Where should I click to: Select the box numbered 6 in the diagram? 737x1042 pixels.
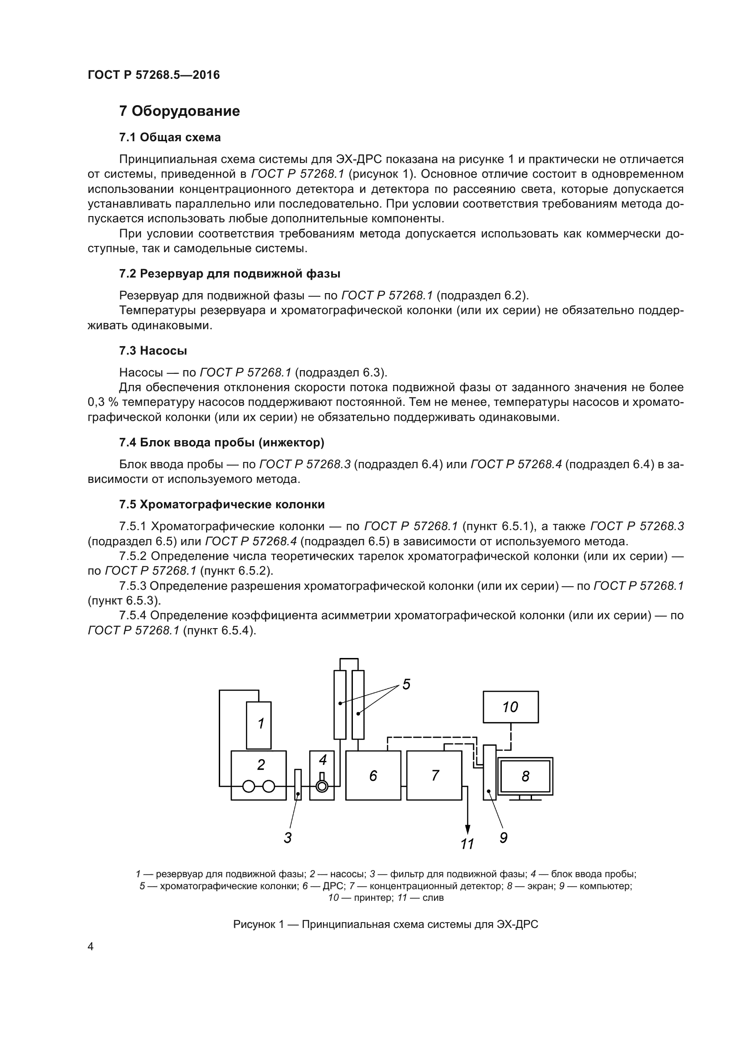pyautogui.click(x=373, y=775)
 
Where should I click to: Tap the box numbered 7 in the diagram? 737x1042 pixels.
pyautogui.click(x=434, y=775)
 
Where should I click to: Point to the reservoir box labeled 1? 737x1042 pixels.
pyautogui.click(x=259, y=725)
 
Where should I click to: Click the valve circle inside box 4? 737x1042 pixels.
pyautogui.click(x=322, y=786)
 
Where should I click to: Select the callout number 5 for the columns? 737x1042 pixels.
pyautogui.click(x=406, y=684)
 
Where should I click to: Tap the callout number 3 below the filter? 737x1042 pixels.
pyautogui.click(x=287, y=838)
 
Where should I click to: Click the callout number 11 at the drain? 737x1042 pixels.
pyautogui.click(x=467, y=844)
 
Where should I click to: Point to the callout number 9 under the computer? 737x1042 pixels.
pyautogui.click(x=503, y=838)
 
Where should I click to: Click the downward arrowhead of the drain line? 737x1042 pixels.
pyautogui.click(x=467, y=829)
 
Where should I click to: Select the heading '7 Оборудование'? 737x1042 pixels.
pyautogui.click(x=179, y=111)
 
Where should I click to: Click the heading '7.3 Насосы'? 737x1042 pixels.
pyautogui.click(x=153, y=350)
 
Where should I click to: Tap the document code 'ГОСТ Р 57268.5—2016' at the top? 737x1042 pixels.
pyautogui.click(x=153, y=75)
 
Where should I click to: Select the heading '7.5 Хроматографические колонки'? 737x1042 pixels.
pyautogui.click(x=222, y=504)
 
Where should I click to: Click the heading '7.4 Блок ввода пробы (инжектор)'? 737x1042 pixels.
pyautogui.click(x=221, y=442)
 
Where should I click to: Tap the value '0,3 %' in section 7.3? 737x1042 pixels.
pyautogui.click(x=102, y=402)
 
